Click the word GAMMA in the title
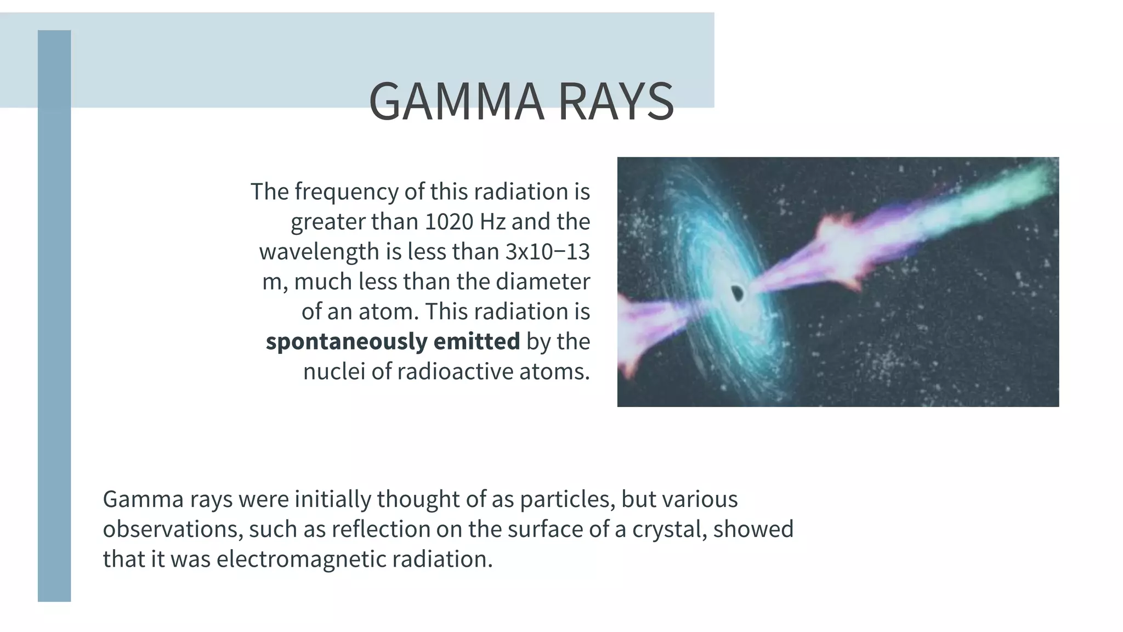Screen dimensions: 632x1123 [456, 102]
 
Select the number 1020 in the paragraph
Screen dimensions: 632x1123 [449, 222]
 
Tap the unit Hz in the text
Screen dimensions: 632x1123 [492, 222]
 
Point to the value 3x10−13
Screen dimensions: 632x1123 [547, 252]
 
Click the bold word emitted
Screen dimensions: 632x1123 [476, 342]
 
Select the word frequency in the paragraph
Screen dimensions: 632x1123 [346, 192]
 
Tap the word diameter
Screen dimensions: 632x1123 [542, 282]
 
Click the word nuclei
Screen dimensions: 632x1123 [333, 372]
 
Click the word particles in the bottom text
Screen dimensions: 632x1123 [566, 499]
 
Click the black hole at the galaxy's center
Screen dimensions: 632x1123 [738, 294]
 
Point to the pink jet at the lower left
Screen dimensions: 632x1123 [644, 329]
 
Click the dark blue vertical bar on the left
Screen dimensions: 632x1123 [54, 329]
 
